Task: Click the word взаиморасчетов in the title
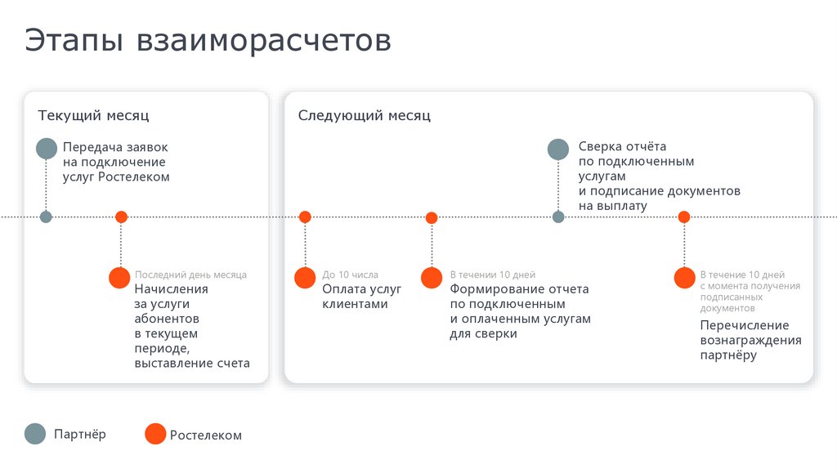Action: point(264,41)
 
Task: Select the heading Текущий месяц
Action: point(93,116)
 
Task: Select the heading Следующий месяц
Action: point(364,116)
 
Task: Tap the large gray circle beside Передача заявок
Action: point(47,149)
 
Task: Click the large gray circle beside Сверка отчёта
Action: point(558,149)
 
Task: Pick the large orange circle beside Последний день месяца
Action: point(120,277)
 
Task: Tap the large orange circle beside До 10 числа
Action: point(305,278)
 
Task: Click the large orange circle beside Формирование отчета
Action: point(432,278)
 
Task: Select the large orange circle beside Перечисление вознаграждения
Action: point(684,278)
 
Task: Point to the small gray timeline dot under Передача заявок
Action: point(46,217)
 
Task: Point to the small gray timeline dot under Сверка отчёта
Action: point(558,217)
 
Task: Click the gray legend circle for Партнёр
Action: point(35,434)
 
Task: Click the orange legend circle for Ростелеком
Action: point(154,434)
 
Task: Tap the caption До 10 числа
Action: point(350,275)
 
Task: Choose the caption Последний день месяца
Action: point(190,275)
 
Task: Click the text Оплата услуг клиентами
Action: point(361,297)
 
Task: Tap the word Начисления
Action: point(172,289)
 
